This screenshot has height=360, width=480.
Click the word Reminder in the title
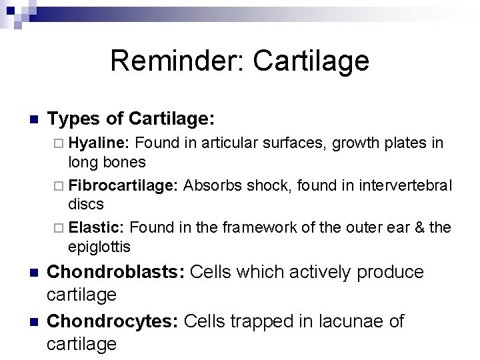coord(171,61)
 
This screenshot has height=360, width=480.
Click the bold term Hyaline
coord(99,142)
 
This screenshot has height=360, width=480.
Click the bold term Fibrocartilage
coord(123,185)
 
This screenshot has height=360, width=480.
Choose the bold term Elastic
coord(97,227)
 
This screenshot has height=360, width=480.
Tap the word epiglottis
coord(99,247)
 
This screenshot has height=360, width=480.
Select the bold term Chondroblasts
coord(117,272)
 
